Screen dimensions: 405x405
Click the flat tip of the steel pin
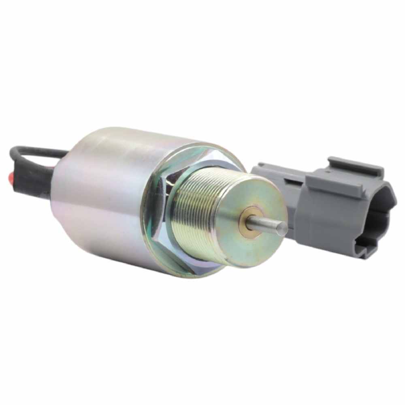click(284, 229)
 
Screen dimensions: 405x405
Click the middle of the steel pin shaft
click(265, 224)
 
